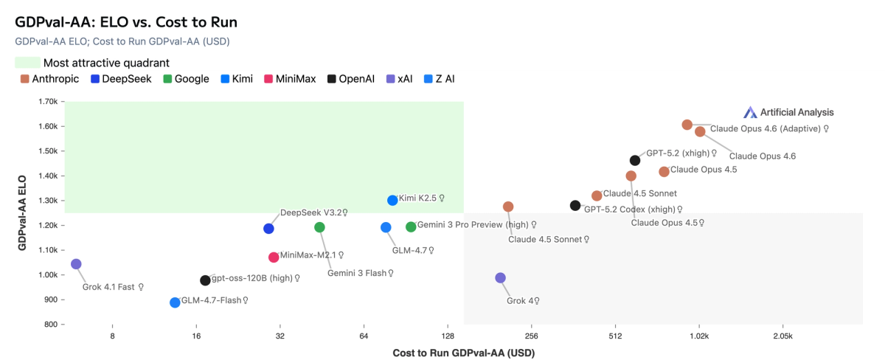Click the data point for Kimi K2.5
point(392,200)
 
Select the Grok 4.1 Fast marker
point(76,264)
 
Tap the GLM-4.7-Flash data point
point(175,302)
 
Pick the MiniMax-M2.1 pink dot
point(274,257)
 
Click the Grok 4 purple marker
point(501,278)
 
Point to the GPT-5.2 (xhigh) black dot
point(635,160)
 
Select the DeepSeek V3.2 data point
point(268,229)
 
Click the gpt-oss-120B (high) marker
point(205,280)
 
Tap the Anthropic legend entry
point(50,79)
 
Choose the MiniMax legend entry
point(290,79)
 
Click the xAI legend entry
point(399,79)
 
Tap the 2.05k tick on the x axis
point(782,336)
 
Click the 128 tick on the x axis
point(448,336)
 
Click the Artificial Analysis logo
point(788,112)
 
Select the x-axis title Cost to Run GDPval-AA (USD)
point(463,353)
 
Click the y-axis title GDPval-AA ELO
point(23,213)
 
